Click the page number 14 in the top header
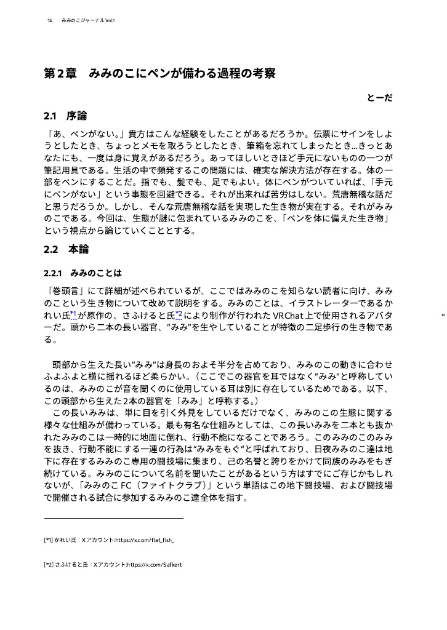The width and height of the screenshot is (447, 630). tap(49, 21)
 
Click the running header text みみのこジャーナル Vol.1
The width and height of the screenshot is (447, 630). tap(88, 21)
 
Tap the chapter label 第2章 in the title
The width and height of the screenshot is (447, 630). tap(60, 74)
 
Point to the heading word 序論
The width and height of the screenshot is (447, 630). tap(77, 115)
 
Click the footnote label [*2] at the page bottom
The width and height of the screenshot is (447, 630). tap(48, 564)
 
